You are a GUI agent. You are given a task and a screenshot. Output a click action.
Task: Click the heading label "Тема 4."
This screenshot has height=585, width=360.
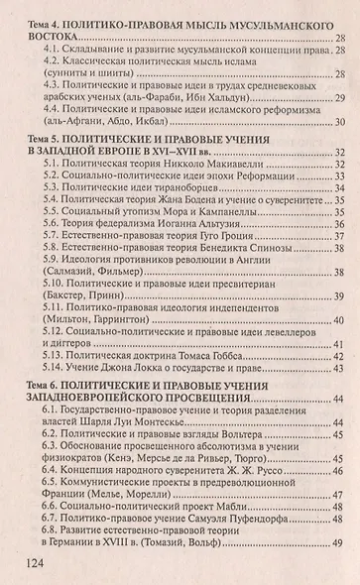pyautogui.click(x=45, y=17)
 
